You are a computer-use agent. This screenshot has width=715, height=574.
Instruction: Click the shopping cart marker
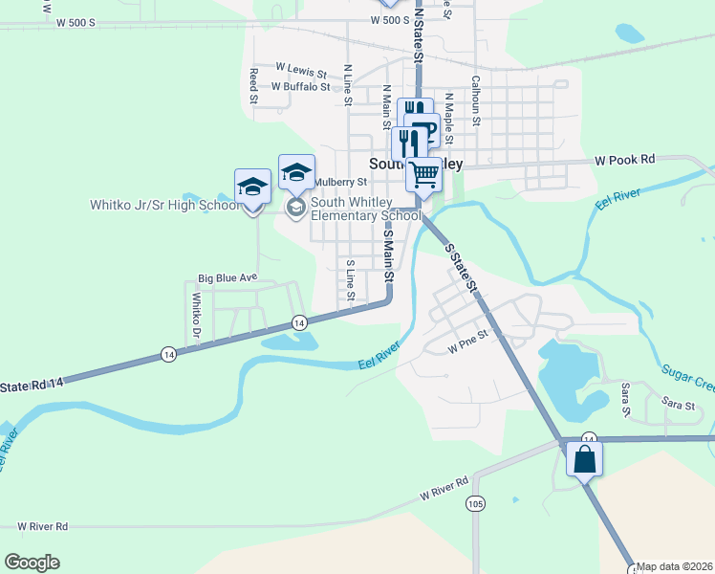[x=423, y=175]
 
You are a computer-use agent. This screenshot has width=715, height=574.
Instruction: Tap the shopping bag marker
[x=584, y=459]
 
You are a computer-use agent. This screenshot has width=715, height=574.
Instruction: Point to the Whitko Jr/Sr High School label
[x=165, y=205]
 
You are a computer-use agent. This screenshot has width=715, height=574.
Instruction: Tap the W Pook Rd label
[x=625, y=160]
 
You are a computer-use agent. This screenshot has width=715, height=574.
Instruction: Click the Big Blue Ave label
[x=227, y=277]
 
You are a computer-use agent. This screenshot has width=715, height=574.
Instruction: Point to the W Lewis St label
[x=301, y=68]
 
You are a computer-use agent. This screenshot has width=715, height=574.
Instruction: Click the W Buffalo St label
[x=300, y=86]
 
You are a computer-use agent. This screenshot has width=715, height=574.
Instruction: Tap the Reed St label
[x=253, y=85]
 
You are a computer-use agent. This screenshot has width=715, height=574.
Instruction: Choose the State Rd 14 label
[x=32, y=384]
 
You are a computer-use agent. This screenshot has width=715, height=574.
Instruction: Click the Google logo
[x=32, y=562]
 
